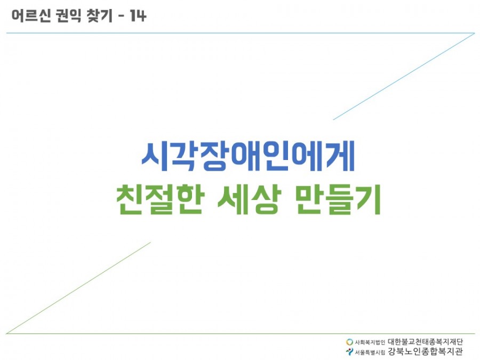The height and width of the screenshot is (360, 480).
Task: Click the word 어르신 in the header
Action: click(31, 15)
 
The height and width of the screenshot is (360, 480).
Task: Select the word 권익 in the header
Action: click(69, 15)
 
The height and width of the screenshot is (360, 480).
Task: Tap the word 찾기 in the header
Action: click(100, 15)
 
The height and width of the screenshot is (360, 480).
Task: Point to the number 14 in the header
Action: click(138, 15)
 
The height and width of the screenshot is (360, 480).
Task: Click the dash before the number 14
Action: click(121, 16)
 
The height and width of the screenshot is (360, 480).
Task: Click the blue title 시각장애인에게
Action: click(248, 156)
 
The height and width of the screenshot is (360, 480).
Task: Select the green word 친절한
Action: click(159, 199)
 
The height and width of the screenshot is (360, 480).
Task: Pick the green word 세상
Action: click(249, 199)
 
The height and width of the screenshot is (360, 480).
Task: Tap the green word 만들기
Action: click(338, 199)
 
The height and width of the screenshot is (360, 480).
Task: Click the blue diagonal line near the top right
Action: click(404, 76)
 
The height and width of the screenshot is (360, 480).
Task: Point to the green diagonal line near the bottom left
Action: click(78, 288)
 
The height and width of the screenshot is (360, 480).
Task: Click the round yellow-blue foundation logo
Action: click(349, 342)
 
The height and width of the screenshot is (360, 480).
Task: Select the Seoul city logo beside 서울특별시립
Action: click(349, 352)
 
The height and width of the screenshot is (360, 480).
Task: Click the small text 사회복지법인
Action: click(370, 342)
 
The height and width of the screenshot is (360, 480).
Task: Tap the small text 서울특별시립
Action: click(370, 352)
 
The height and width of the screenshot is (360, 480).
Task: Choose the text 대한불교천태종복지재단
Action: click(425, 341)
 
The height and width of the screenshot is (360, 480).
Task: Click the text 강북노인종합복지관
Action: click(425, 351)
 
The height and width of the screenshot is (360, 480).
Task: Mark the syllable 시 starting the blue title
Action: click(155, 156)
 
